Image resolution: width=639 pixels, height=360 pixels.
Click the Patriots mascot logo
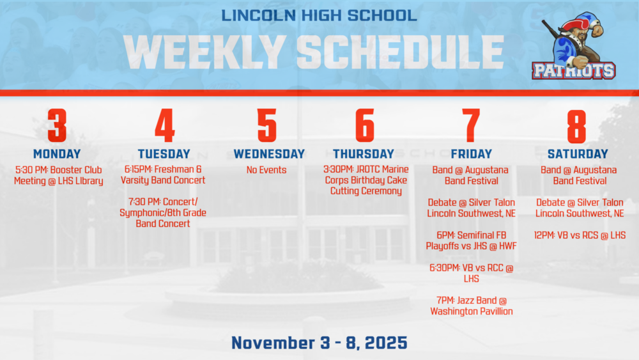573,49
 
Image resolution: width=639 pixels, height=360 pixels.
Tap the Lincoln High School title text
319,14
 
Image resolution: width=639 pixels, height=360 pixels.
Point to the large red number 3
57,125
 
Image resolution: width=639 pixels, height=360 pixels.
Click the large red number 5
267,125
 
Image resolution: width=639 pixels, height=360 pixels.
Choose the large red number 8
576,125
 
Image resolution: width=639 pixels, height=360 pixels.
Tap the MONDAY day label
57,154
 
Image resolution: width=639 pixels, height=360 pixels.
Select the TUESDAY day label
164,154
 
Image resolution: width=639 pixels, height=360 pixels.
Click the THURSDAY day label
364,154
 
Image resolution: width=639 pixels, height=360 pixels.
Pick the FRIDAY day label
471,154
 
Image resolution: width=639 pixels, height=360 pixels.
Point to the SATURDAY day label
578,154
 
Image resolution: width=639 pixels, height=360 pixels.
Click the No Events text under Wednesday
266,170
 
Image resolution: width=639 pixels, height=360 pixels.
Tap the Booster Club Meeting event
58,175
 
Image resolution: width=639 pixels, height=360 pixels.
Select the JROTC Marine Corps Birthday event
366,180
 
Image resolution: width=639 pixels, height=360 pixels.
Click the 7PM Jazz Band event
472,306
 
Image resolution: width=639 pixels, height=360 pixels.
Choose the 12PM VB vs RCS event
580,235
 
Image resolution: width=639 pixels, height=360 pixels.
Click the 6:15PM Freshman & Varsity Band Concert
163,175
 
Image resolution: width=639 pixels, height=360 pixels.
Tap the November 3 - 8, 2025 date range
319,343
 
